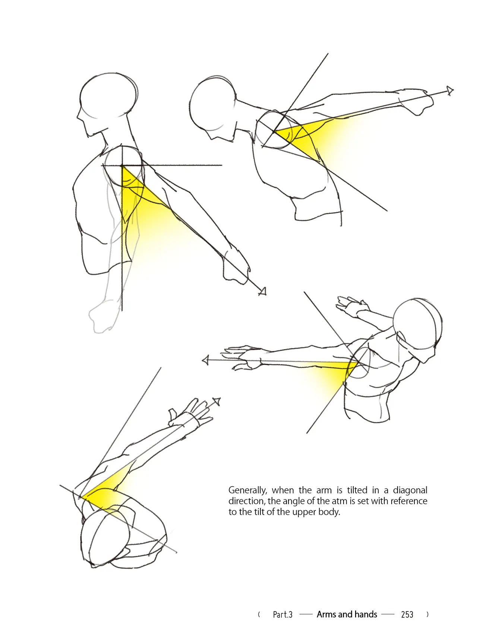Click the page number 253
coord(407,615)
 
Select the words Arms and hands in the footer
coord(347,614)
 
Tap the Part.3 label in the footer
coord(282,615)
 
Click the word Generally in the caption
coord(247,490)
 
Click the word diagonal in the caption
coord(410,490)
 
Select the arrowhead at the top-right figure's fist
coord(450,91)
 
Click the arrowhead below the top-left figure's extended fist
coord(262,291)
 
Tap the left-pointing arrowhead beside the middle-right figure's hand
coord(205,360)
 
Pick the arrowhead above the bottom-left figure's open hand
coord(217,402)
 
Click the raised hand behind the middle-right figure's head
coord(350,306)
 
